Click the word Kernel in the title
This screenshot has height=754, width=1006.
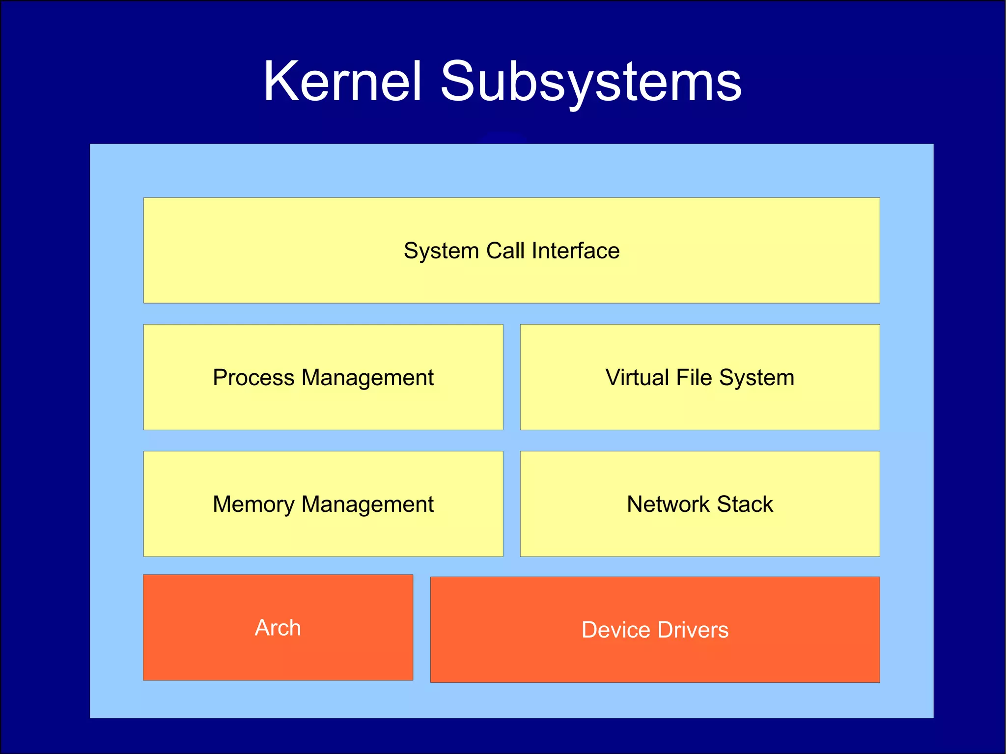(342, 82)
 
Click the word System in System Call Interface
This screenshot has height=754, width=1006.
(441, 251)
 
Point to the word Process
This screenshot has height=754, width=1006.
(253, 377)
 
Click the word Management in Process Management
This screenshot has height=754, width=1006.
(367, 378)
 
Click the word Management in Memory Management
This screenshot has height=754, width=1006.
(367, 505)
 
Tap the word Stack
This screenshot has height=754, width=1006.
(745, 504)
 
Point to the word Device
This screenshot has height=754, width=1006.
(616, 630)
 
